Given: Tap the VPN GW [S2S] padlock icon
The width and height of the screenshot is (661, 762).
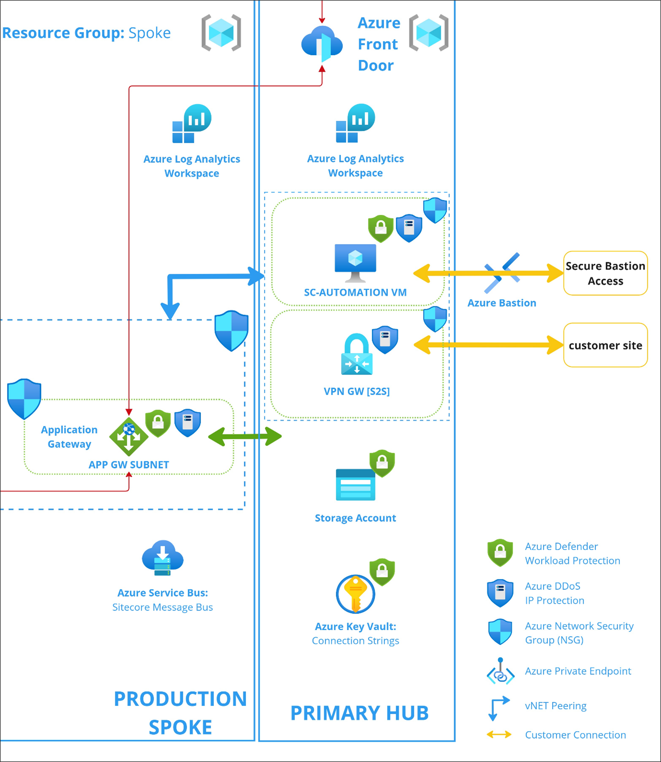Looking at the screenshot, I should point(357,354).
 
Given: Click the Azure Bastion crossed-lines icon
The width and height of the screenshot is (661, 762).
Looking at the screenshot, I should point(501,272).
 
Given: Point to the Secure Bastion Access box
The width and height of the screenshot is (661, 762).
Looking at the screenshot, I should point(605,273).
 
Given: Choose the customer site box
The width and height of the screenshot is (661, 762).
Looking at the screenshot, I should point(605,345).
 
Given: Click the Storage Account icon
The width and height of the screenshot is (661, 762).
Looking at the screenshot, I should point(355,484).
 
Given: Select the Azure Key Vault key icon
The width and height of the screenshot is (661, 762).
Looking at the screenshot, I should point(355,594).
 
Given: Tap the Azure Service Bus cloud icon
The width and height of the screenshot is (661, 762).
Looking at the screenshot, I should point(162,558).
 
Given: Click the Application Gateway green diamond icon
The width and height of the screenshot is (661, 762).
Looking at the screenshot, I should point(128,436).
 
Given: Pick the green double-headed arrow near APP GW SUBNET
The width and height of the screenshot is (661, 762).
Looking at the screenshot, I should point(245,436).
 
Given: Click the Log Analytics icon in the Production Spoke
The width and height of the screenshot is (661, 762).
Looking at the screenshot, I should point(191,124).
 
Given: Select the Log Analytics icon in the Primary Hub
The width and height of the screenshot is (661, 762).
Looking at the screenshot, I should point(355,123).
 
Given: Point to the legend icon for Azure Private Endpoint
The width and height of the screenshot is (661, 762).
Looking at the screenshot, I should point(500,672).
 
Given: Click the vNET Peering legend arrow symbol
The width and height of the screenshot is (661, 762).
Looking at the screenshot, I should point(499,708).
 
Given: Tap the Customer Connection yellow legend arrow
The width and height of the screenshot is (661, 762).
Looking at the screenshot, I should point(499,735).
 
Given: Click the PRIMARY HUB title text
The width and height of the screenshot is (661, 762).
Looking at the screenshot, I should point(359,713).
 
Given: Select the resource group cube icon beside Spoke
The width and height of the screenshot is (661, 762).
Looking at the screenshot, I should point(221,33).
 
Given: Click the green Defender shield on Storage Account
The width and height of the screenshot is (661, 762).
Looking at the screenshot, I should point(382,463).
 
